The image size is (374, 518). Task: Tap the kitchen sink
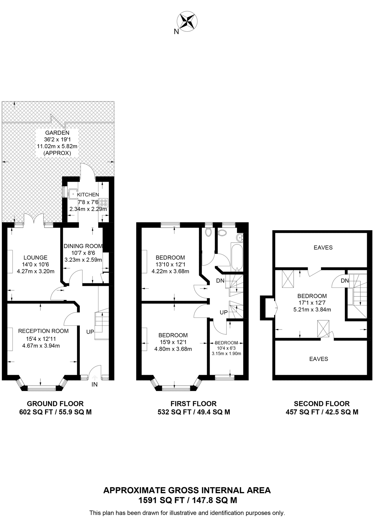pyautogui.click(x=73, y=193)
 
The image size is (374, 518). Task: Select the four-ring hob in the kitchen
pyautogui.click(x=104, y=203)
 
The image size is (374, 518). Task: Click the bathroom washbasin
pyautogui.click(x=239, y=237)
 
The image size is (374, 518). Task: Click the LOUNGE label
pyautogui.click(x=35, y=258)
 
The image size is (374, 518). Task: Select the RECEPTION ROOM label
pyautogui.click(x=43, y=331)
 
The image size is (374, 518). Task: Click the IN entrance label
pyautogui.click(x=95, y=384)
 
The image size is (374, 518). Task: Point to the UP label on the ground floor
pyautogui.click(x=90, y=332)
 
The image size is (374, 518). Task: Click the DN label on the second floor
pyautogui.click(x=345, y=281)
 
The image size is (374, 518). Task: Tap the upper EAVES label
pyautogui.click(x=323, y=247)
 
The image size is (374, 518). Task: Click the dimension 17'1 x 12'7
pyautogui.click(x=312, y=303)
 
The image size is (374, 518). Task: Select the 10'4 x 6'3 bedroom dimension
pyautogui.click(x=226, y=348)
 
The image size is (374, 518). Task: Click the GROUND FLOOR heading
pyautogui.click(x=55, y=404)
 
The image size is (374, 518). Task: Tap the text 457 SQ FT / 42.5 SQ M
pyautogui.click(x=322, y=412)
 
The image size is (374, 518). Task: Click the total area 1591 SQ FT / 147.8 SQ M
pyautogui.click(x=188, y=500)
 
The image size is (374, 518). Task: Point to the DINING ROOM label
pyautogui.click(x=83, y=246)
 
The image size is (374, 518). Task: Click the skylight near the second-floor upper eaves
pyautogui.click(x=288, y=279)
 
